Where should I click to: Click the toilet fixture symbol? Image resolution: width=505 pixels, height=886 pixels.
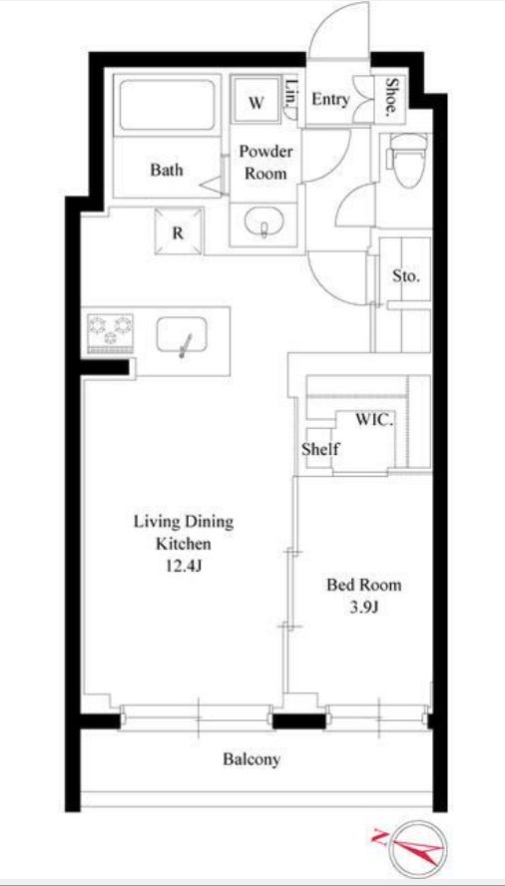coord(408,159)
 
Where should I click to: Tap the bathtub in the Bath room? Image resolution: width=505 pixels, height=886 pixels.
coord(167,105)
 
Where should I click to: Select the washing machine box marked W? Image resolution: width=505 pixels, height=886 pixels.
coord(256,100)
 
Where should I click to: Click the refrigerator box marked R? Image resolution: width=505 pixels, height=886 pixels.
coord(179,231)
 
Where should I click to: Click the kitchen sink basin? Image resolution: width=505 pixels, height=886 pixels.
coord(182,337)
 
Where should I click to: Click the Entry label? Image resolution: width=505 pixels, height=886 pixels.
coord(330,100)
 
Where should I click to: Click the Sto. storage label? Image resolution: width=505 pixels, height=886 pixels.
coord(406,276)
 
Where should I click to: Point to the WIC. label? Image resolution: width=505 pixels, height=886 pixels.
coord(374,420)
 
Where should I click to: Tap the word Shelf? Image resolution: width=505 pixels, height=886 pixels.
coord(320,449)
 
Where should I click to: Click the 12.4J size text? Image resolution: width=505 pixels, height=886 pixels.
coord(184,567)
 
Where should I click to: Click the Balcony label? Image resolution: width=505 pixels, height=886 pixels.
coord(252,759)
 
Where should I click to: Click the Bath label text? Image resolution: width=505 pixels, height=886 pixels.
coord(167,170)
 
